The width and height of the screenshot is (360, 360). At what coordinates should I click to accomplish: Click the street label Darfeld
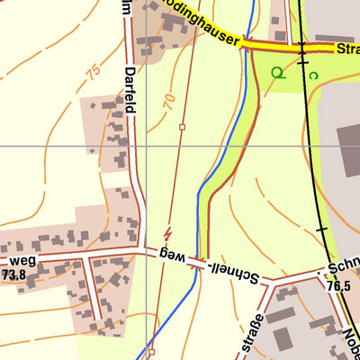pyautogui.click(x=131, y=89)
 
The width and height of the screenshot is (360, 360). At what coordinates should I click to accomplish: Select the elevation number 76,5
pyautogui.click(x=338, y=286)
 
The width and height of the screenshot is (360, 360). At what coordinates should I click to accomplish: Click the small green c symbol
pyautogui.click(x=312, y=76)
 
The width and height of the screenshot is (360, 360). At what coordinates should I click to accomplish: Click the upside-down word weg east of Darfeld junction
pyautogui.click(x=172, y=257)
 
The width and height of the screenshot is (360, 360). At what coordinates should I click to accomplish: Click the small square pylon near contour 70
pyautogui.click(x=182, y=128)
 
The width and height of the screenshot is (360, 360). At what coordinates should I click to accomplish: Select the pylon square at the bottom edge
pyautogui.click(x=152, y=352)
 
